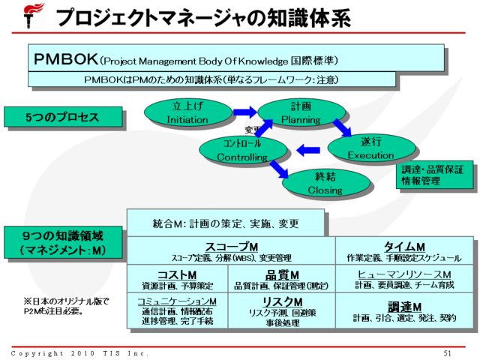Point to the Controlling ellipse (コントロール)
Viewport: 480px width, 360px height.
click(x=242, y=149)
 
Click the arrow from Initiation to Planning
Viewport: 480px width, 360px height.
click(x=244, y=112)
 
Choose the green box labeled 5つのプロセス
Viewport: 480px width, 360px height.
click(x=61, y=117)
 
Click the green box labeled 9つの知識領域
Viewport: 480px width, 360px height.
click(x=61, y=241)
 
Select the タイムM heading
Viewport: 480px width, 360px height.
click(x=404, y=247)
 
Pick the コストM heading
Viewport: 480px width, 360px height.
click(x=177, y=274)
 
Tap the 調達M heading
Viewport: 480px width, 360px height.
click(x=404, y=306)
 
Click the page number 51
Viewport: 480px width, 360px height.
click(x=448, y=353)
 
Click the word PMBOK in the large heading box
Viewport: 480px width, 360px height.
click(x=65, y=58)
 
